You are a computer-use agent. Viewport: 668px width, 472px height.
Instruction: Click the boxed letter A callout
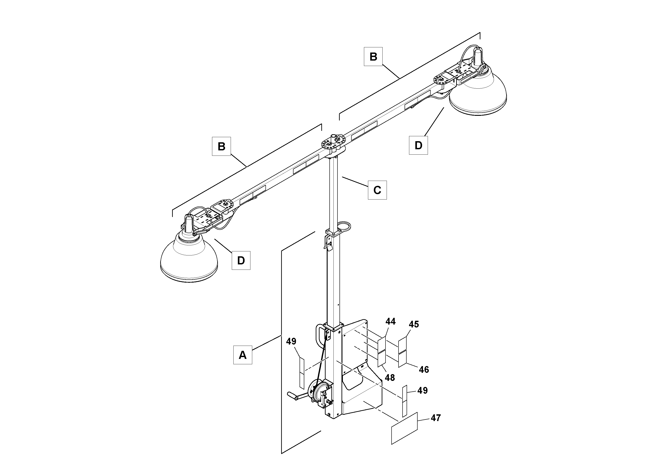click(x=242, y=355)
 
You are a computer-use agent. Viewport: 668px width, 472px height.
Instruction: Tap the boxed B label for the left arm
click(x=221, y=146)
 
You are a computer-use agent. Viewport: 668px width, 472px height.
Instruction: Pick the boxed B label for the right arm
click(x=373, y=57)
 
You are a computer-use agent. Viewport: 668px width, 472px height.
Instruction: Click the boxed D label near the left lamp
click(x=241, y=260)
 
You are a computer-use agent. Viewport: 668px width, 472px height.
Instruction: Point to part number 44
click(x=390, y=321)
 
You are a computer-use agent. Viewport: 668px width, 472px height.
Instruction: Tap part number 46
click(x=424, y=370)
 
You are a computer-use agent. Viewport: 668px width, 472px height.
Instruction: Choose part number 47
click(x=436, y=418)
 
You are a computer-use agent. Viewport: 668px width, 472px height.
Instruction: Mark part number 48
click(x=390, y=378)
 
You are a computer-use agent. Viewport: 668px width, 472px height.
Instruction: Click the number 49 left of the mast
click(x=291, y=341)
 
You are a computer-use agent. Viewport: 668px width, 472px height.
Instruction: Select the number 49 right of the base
click(x=423, y=391)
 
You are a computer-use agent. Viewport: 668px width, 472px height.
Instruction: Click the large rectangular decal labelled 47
click(x=404, y=428)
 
